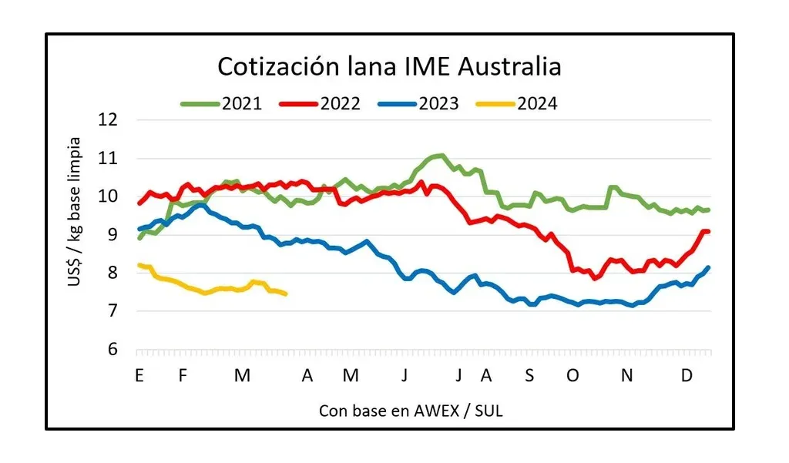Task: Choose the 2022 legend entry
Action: [x=340, y=103]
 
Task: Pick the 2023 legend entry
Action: [x=438, y=103]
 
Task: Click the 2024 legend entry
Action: [x=537, y=103]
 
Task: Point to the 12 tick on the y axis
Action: [x=109, y=120]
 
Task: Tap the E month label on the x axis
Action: [x=139, y=376]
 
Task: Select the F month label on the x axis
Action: [x=183, y=376]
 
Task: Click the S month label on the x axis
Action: [x=529, y=376]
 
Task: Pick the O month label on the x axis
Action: [x=572, y=376]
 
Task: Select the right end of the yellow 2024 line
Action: [x=286, y=294]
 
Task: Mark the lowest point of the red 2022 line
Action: [x=595, y=278]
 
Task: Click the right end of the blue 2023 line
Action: [x=709, y=267]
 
